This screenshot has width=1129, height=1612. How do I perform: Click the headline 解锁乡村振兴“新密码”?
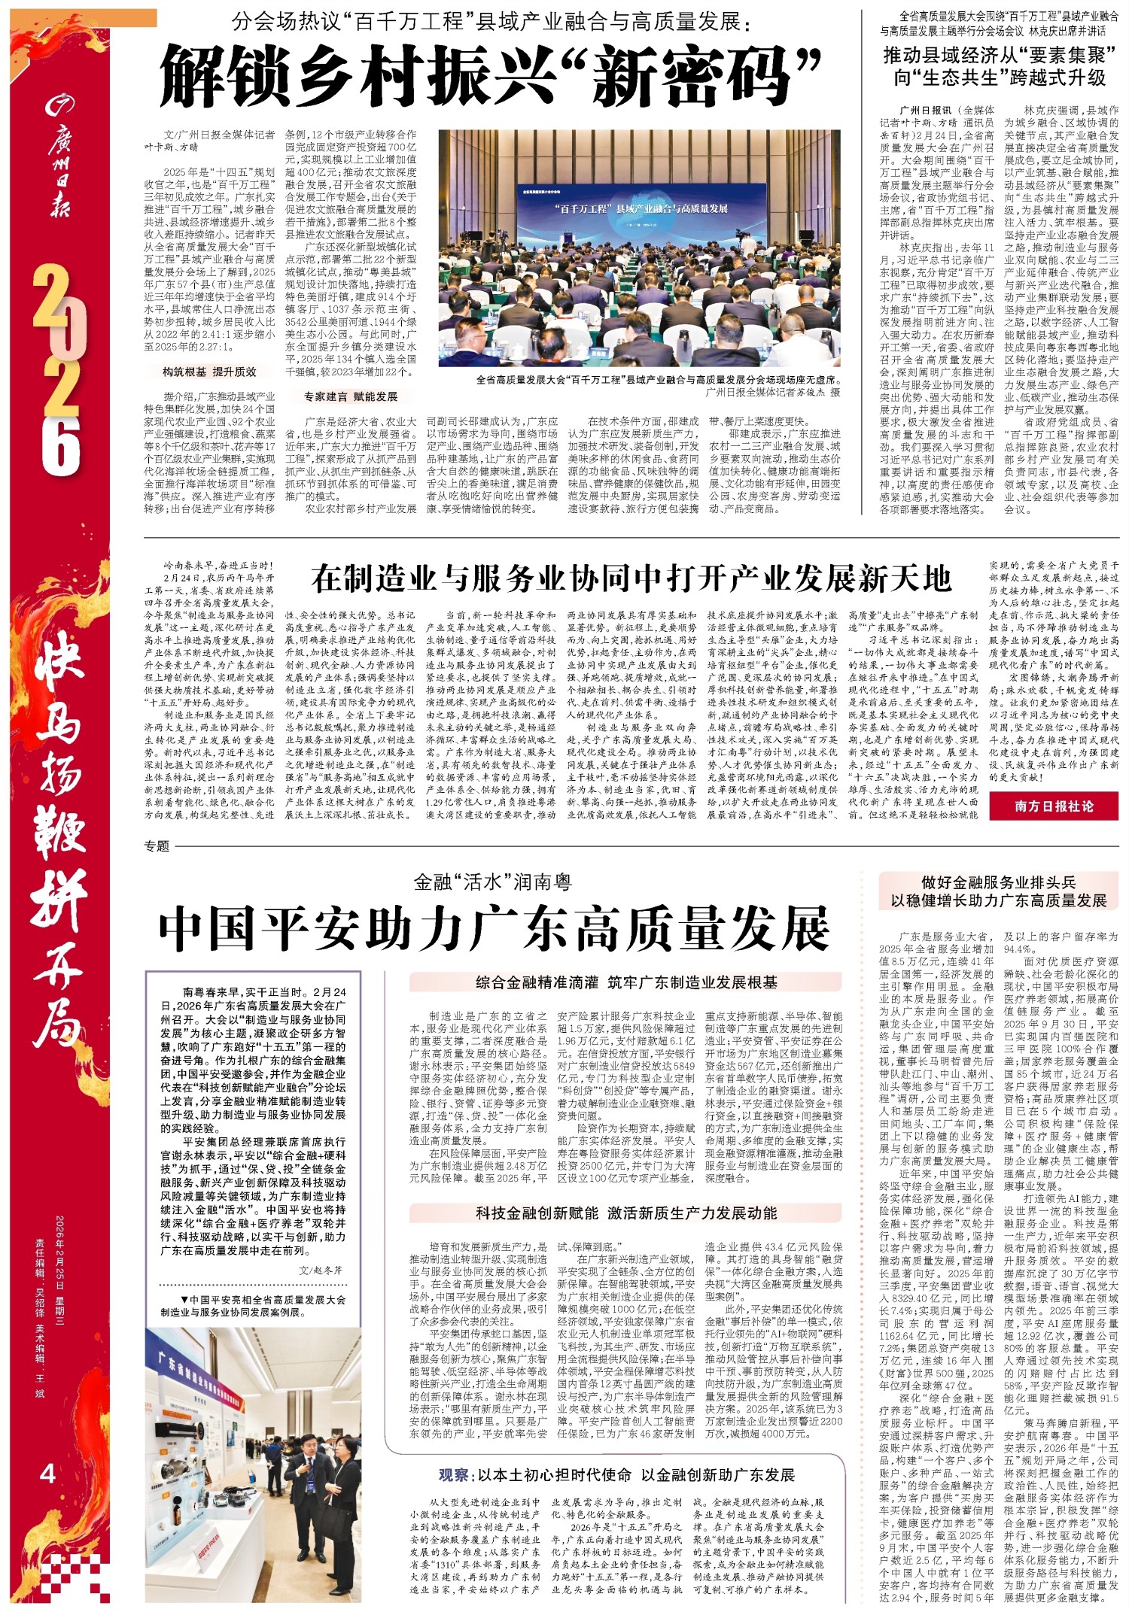(x=489, y=75)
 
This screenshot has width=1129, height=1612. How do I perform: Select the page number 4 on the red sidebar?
(x=47, y=1472)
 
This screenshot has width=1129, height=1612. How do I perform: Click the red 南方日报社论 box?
(x=1053, y=806)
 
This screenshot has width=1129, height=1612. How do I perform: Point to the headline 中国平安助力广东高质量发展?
(x=494, y=930)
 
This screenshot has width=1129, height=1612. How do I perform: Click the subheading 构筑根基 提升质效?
(x=209, y=372)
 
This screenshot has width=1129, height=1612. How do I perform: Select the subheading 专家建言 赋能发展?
(x=350, y=396)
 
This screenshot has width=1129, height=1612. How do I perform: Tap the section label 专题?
(x=157, y=846)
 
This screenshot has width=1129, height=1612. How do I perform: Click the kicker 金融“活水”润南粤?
(x=493, y=882)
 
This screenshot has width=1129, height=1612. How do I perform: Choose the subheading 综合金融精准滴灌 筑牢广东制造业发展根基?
(x=626, y=982)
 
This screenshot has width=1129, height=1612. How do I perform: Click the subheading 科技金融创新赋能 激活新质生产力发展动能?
(x=626, y=1213)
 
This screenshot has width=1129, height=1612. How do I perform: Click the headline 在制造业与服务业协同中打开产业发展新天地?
(x=631, y=579)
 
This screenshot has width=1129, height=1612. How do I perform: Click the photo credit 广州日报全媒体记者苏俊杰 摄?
(x=773, y=392)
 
